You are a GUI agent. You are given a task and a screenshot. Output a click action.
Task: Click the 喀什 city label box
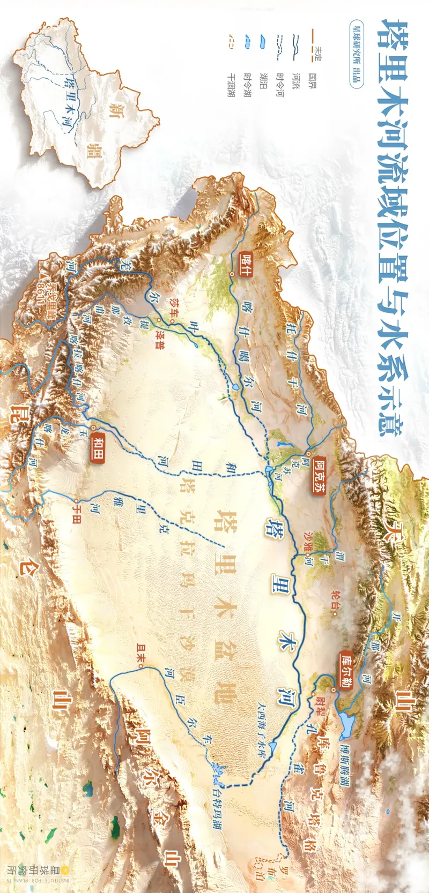(x=247, y=261)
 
